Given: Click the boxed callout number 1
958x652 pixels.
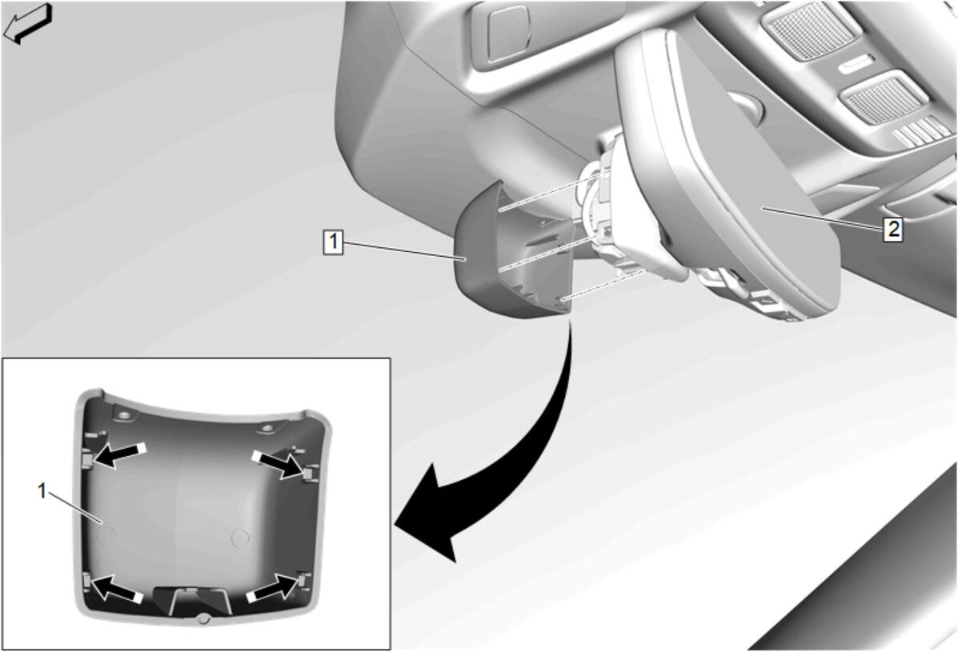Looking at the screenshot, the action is (x=333, y=242).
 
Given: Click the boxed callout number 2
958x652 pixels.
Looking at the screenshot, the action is (x=893, y=230).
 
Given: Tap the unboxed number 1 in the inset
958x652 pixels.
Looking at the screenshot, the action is (x=42, y=490).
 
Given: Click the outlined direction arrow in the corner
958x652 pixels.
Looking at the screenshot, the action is (x=28, y=23).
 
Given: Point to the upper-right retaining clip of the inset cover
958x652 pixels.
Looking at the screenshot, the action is (x=311, y=472).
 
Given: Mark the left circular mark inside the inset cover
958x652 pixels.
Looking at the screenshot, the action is (x=106, y=535).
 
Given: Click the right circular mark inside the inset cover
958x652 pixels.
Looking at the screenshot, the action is (x=240, y=538).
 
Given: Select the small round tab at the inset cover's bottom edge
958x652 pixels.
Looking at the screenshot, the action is (x=204, y=619).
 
